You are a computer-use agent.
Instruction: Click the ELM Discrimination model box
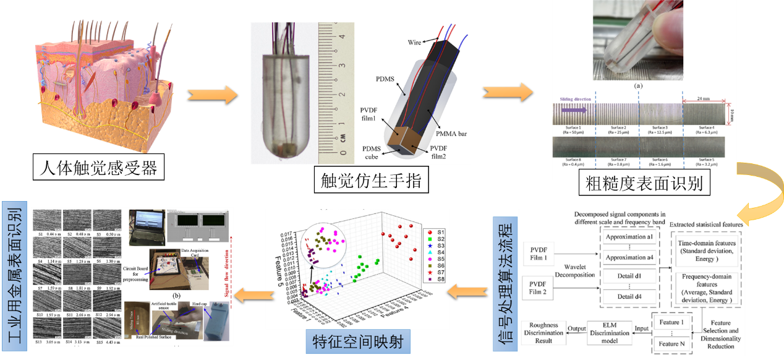[608, 333]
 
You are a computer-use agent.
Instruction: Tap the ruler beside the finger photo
[333, 93]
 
